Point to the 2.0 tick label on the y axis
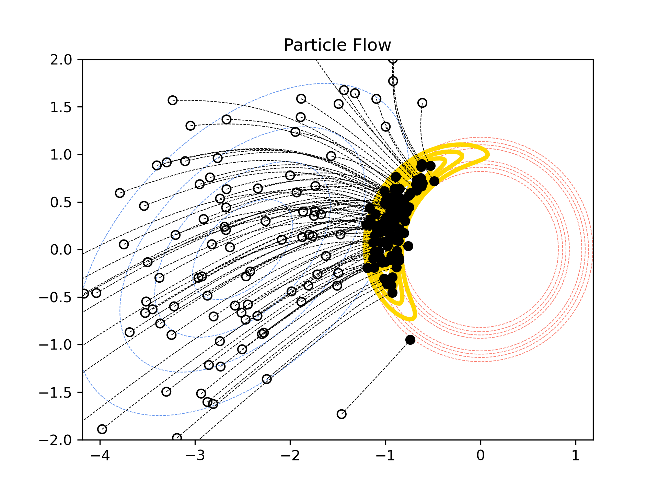point(61,60)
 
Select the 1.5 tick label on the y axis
point(61,107)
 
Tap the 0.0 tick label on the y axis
point(61,250)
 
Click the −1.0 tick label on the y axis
point(56,345)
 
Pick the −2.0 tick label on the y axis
point(56,440)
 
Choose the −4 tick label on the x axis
point(100,456)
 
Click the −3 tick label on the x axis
point(195,456)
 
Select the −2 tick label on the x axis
point(290,456)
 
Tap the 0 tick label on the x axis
point(481,456)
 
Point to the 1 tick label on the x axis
point(576,456)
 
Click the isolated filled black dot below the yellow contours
point(410,340)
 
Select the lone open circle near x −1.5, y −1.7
point(342,414)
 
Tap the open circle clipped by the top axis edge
point(393,60)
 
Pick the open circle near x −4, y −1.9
point(102,429)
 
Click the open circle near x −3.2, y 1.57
point(172,100)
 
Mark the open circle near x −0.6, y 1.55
point(422,103)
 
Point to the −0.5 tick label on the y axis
point(56,297)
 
